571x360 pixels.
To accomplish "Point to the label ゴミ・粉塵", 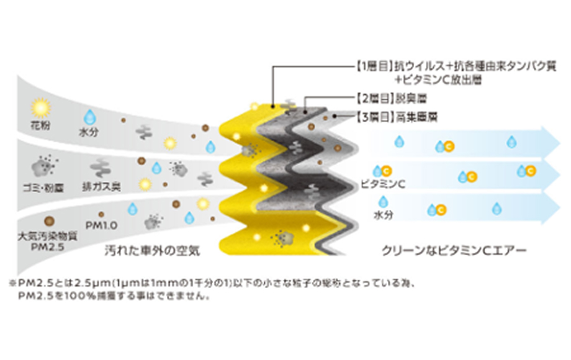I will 42,185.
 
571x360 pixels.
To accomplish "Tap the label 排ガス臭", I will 99,185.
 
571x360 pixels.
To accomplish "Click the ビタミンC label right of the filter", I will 383,184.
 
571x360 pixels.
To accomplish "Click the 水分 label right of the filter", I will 382,216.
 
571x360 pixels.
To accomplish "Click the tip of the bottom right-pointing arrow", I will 558,208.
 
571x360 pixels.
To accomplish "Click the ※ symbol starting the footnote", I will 12,283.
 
